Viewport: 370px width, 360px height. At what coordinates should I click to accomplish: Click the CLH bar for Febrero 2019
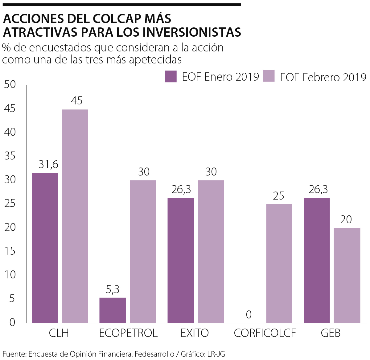coord(75,216)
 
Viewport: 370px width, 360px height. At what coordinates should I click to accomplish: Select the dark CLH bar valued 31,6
coord(45,248)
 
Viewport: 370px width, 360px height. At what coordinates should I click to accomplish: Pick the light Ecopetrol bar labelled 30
coord(143,251)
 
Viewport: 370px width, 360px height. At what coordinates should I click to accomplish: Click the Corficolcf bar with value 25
coord(279,263)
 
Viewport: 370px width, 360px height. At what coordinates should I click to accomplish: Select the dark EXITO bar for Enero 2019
coord(181,260)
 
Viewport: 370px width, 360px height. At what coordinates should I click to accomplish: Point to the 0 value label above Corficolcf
coord(249,314)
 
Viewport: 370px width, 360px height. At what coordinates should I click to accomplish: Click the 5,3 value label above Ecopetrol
coord(113,289)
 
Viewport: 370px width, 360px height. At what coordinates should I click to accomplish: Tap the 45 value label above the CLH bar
coord(77,101)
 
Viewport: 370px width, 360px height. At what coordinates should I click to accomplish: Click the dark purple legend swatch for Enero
coord(171,76)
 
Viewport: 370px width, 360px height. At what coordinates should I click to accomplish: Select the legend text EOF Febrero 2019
coord(323,77)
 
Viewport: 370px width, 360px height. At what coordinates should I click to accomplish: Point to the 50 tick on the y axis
coord(10,84)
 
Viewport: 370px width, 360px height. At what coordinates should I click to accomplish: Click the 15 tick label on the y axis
coord(10,251)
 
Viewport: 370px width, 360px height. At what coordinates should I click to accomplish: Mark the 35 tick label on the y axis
coord(10,156)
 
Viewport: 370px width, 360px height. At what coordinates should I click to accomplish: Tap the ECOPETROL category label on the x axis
coord(128,333)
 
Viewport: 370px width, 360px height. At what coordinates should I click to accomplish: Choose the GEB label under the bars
coord(331,333)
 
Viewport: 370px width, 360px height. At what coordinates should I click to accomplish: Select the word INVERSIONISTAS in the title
coord(192,32)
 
